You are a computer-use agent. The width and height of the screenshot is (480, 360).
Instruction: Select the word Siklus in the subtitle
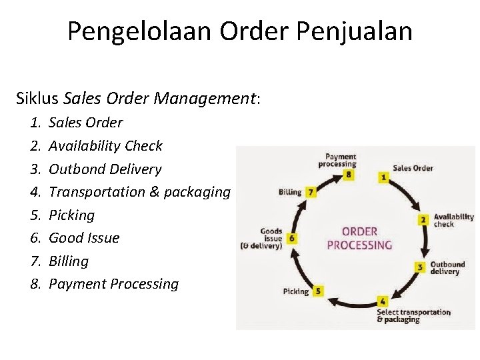pos(38,99)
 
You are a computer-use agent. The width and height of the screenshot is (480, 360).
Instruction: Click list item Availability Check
pos(105,146)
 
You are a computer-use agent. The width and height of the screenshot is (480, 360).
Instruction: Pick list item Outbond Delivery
pos(105,169)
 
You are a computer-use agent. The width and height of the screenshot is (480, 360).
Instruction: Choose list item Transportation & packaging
pos(139,192)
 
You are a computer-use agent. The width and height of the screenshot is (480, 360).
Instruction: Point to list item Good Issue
pos(84,238)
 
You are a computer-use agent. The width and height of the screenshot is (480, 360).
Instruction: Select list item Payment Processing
pos(113,284)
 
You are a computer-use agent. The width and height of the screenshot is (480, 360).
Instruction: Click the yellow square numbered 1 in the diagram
pos(384,177)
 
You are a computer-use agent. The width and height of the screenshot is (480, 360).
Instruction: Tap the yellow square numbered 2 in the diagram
pos(423,219)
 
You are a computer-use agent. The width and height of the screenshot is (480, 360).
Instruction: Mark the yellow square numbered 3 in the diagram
pos(420,267)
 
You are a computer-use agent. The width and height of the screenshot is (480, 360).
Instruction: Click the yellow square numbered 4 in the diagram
pos(383,301)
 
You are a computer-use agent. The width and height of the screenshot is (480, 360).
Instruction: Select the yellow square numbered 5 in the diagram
pos(318,291)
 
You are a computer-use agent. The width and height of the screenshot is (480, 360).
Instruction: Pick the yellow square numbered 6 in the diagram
pos(293,238)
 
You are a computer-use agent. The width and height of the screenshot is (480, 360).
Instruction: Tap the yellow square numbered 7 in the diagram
pos(311,192)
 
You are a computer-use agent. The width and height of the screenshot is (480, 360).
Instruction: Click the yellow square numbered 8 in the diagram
pos(348,175)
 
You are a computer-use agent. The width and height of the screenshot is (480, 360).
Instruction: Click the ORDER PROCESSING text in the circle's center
pos(359,239)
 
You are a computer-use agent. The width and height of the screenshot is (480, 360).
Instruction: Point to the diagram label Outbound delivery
pos(447,268)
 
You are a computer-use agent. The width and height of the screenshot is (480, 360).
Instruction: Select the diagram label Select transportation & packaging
pos(413,315)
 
